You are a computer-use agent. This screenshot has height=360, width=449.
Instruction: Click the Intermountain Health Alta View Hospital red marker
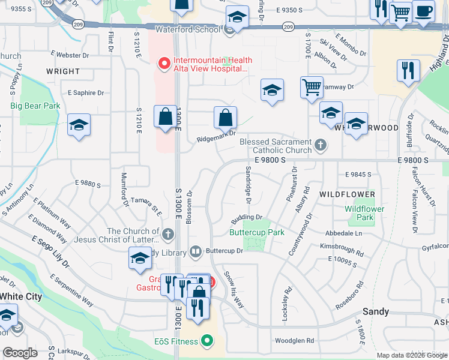(163, 62)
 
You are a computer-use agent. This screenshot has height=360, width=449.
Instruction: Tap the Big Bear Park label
(35, 106)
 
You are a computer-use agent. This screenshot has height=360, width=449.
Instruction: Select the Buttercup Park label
(257, 232)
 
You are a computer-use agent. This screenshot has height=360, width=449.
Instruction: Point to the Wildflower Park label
(360, 213)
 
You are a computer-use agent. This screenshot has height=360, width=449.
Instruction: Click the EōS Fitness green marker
(208, 341)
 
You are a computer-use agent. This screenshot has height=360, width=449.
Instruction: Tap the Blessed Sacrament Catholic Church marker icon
(321, 145)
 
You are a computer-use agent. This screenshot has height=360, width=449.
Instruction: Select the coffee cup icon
(424, 11)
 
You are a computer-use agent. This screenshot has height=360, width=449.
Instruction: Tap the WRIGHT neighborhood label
(62, 71)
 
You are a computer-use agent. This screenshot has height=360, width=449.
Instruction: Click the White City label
(21, 296)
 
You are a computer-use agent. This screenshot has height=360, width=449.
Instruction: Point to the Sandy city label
(376, 312)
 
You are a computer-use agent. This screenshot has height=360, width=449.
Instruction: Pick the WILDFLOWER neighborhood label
(347, 194)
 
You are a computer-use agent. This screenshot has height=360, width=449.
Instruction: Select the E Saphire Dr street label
(86, 93)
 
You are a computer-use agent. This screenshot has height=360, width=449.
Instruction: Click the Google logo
(20, 353)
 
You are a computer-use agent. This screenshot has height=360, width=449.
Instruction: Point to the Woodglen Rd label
(295, 340)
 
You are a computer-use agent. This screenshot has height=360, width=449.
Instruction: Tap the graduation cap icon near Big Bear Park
(79, 125)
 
